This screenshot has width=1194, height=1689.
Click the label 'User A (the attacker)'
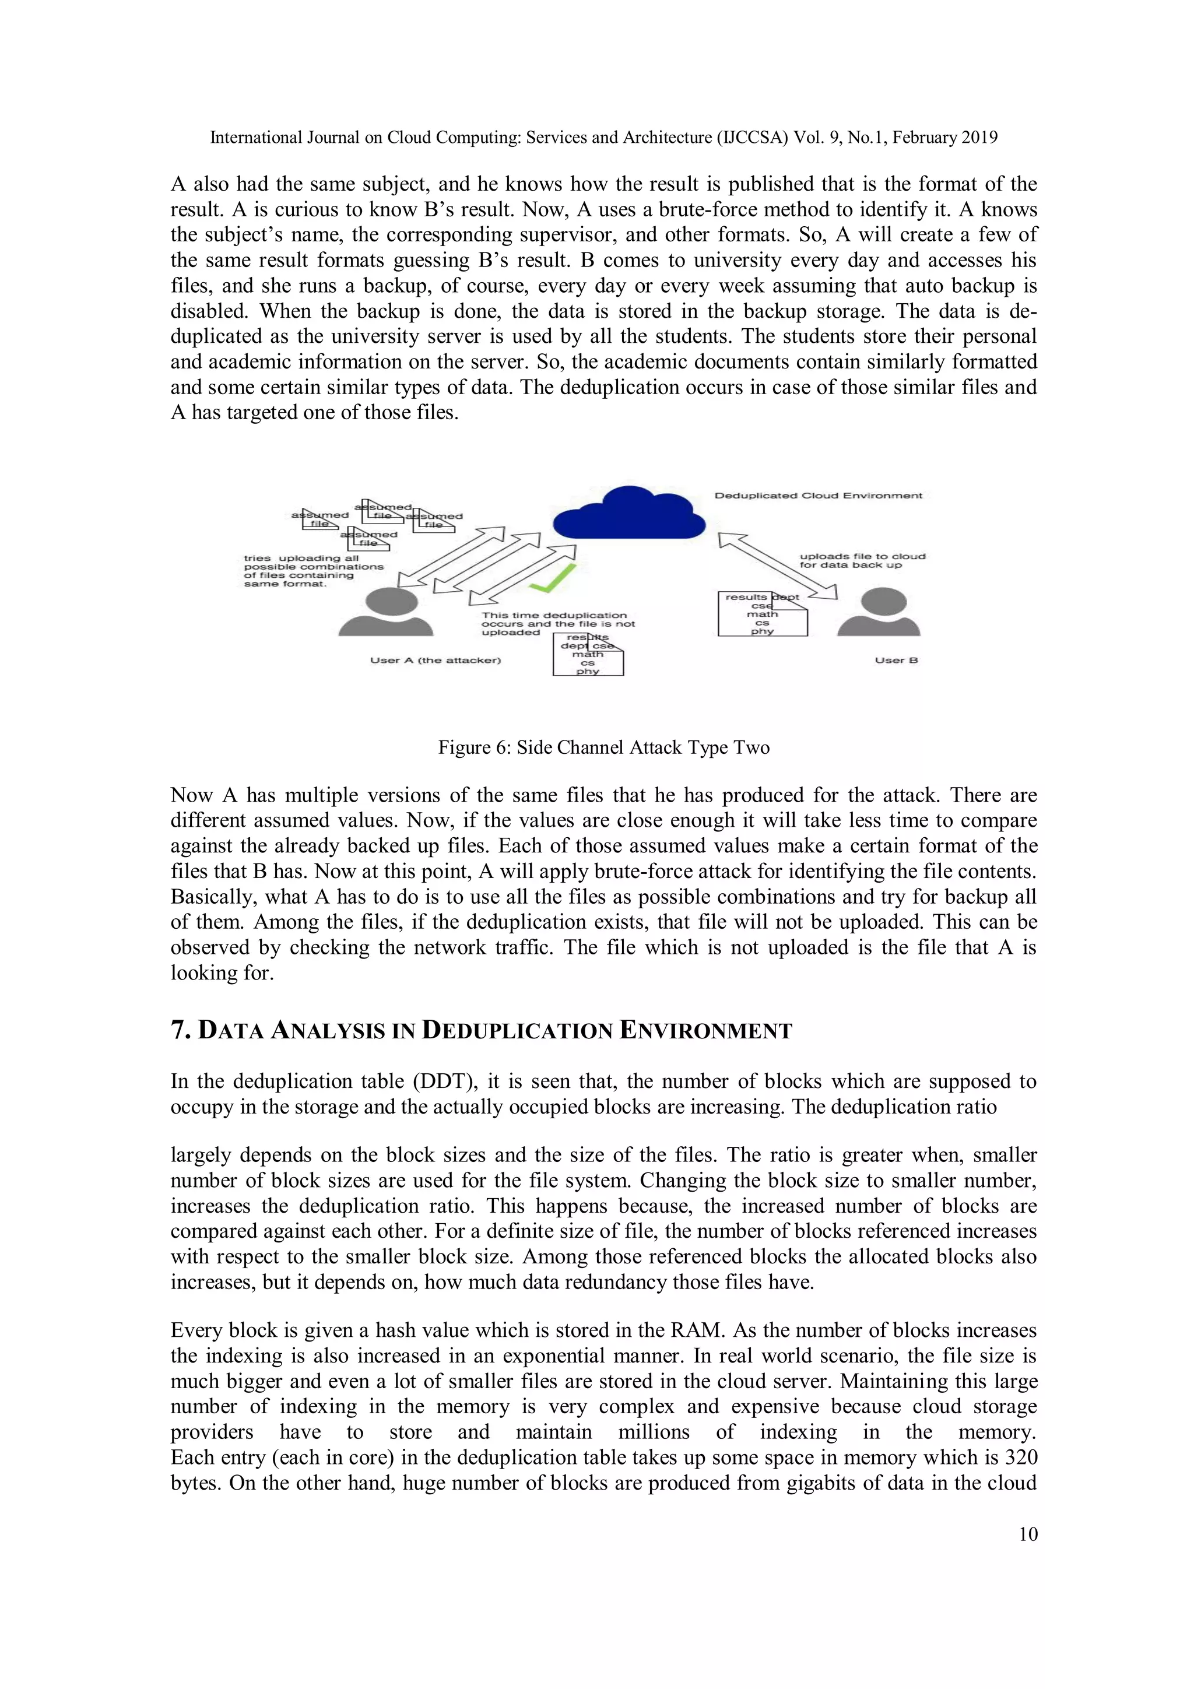(436, 660)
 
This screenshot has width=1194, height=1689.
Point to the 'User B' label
(896, 660)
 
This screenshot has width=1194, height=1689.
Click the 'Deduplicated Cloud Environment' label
(818, 495)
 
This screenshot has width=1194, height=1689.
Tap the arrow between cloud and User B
(778, 566)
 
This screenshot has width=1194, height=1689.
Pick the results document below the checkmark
(588, 654)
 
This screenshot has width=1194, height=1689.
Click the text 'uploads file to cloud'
(862, 556)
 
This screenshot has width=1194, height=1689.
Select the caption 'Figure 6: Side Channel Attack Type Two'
(603, 747)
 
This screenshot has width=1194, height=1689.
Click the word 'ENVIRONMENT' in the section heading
(705, 1031)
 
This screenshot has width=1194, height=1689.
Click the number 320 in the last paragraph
(1020, 1458)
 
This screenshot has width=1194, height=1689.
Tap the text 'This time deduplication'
(554, 615)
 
